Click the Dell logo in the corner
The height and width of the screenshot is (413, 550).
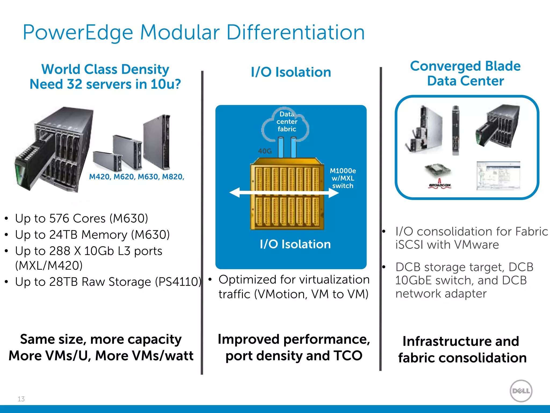[x=521, y=391]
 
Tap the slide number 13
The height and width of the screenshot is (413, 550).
[x=21, y=399]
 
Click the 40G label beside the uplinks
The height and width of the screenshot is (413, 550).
[x=265, y=151]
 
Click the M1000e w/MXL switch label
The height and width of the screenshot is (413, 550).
[x=343, y=178]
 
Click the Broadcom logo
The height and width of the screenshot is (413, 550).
[x=440, y=185]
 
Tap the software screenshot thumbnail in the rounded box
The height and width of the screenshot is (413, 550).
[x=498, y=175]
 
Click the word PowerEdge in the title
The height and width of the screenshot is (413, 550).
[x=78, y=33]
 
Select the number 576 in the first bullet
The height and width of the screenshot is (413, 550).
[x=60, y=218]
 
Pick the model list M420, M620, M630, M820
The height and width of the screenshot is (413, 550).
[x=136, y=177]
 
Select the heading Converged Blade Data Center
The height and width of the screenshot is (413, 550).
[x=465, y=73]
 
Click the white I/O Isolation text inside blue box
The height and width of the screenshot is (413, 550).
[x=295, y=244]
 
